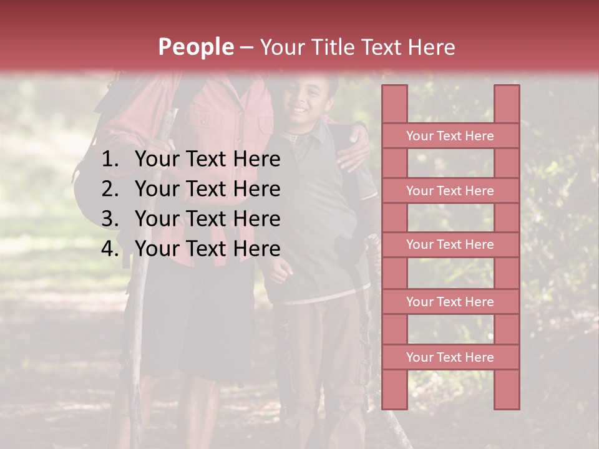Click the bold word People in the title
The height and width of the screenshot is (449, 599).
point(195,47)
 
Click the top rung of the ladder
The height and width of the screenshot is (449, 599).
point(450,136)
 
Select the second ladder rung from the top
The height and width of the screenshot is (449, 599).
point(450,191)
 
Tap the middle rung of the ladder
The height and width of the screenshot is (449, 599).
point(450,245)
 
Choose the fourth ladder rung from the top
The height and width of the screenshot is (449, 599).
point(450,302)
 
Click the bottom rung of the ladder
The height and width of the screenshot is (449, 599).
point(450,357)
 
